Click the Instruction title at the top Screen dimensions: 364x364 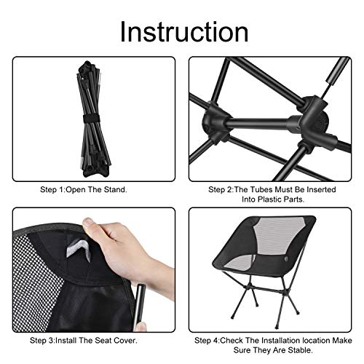[x=182, y=31]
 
